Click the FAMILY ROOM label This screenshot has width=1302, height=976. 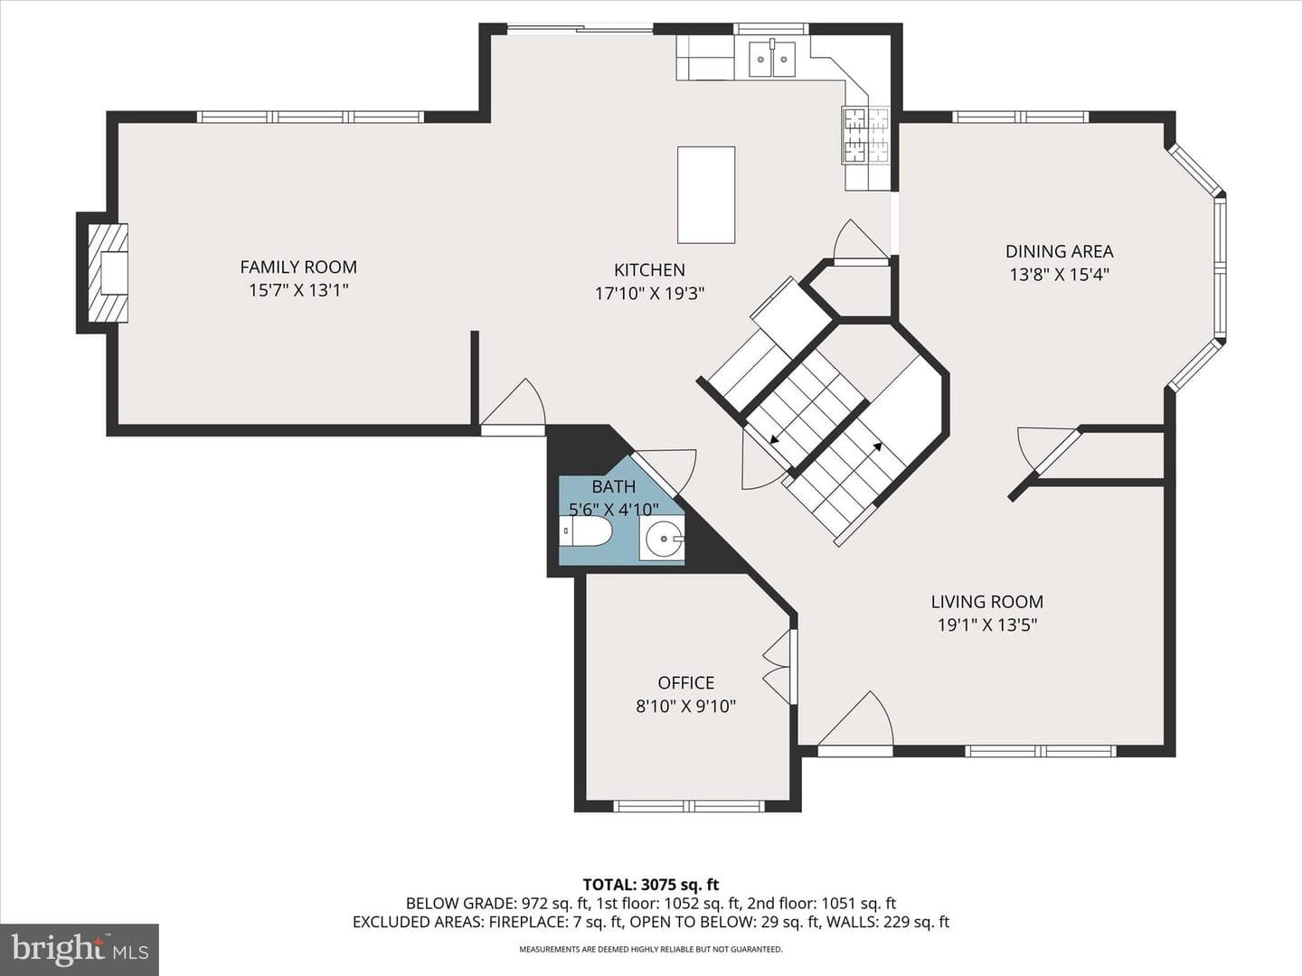click(298, 267)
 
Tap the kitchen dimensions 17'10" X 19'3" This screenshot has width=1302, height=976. click(649, 294)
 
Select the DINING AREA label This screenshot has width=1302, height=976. click(1060, 251)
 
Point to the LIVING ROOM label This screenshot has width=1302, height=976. click(987, 602)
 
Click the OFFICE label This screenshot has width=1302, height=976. click(685, 682)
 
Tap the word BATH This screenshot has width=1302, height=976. click(613, 486)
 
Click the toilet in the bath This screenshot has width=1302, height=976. click(586, 531)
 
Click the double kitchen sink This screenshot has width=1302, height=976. click(772, 60)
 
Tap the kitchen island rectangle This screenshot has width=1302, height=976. click(706, 195)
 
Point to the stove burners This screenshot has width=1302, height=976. click(865, 136)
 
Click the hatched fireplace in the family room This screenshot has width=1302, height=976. click(108, 273)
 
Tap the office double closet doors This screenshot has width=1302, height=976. click(778, 667)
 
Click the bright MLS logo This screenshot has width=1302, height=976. click(80, 949)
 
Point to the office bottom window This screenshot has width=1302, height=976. click(688, 806)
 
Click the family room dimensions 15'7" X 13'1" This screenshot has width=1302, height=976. click(298, 290)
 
